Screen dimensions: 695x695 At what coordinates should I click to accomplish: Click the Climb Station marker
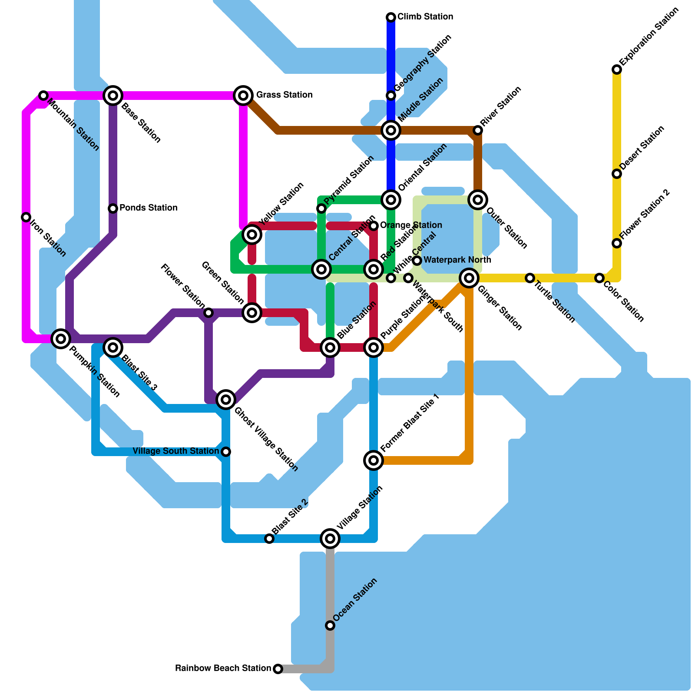391,17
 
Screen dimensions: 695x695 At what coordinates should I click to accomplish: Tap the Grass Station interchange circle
243,95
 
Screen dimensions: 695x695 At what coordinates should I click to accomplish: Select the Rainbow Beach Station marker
278,669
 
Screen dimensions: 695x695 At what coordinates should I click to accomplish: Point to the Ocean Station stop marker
330,625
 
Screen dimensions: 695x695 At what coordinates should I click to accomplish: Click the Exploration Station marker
617,69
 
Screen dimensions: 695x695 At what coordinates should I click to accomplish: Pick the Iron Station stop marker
26,217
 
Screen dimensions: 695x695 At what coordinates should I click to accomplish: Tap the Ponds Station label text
148,208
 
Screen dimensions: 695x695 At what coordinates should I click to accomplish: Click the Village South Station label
175,451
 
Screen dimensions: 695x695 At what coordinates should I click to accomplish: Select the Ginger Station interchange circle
469,278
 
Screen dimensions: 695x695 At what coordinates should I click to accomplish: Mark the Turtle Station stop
530,278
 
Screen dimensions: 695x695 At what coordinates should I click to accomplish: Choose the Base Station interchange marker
113,95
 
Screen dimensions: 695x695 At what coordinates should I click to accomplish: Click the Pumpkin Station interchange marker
61,338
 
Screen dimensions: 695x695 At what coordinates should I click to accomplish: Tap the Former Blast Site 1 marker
374,460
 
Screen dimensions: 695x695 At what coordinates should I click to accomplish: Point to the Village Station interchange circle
330,539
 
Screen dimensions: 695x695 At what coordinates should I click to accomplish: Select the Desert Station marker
617,174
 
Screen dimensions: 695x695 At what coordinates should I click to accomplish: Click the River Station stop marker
478,130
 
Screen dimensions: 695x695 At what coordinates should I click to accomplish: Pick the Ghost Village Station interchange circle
226,399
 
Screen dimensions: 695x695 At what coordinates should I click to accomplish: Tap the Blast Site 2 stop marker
269,539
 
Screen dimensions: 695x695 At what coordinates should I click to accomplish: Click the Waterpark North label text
457,260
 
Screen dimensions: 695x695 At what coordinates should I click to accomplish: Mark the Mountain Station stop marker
43,95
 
